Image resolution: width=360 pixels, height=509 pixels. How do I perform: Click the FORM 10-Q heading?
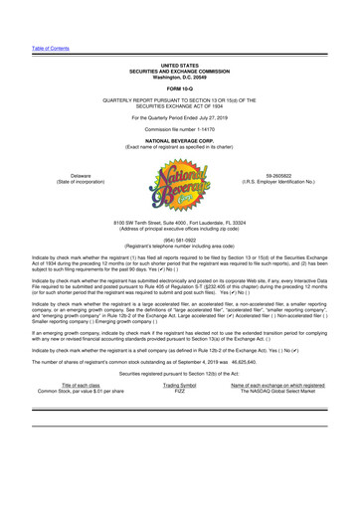tap(180, 87)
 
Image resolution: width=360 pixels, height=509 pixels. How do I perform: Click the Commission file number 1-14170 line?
tap(180, 131)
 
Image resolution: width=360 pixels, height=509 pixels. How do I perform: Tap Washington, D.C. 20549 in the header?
tap(180, 77)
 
